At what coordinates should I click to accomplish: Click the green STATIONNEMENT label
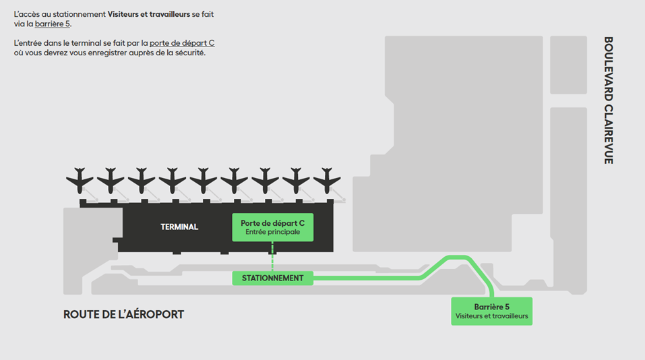272,278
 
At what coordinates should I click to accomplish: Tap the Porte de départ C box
272,227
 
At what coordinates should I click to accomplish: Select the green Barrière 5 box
491,311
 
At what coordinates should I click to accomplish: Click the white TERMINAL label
179,227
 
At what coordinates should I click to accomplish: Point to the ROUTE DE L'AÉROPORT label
123,315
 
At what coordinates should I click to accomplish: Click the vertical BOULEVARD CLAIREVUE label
608,100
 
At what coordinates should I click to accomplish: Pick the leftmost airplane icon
80,180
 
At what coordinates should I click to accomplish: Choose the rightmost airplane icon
327,180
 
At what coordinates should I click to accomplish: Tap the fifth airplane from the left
204,180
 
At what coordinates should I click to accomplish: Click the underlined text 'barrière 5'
53,24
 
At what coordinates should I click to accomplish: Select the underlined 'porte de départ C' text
182,43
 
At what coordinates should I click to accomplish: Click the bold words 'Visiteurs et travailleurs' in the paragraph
150,14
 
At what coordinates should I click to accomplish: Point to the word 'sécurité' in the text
190,53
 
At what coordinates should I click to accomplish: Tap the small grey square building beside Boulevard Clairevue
568,65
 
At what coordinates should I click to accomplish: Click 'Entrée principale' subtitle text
272,233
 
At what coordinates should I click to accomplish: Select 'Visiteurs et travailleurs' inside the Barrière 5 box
491,316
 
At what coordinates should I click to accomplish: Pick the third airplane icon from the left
142,180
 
